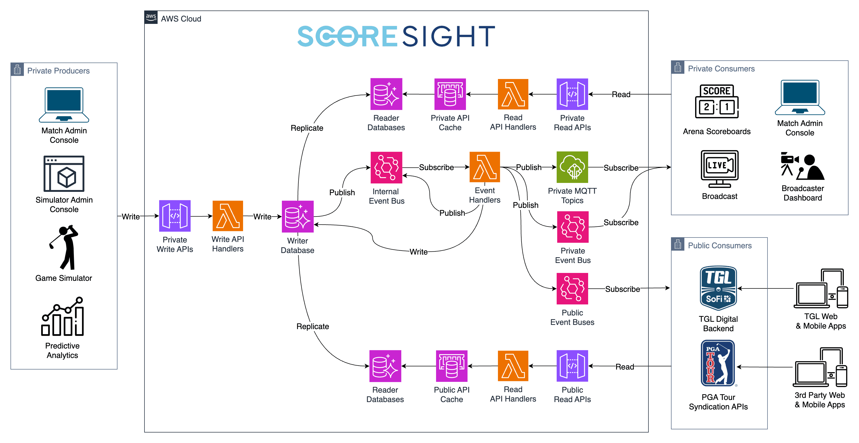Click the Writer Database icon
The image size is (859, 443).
297,216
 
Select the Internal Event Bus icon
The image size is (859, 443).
386,167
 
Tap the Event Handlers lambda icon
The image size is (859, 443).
485,167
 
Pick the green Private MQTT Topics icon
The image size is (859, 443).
572,167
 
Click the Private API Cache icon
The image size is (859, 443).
450,94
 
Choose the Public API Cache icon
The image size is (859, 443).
452,366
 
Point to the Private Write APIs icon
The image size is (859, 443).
175,216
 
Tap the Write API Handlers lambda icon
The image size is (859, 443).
228,216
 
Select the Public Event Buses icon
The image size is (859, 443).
572,288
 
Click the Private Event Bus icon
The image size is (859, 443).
573,227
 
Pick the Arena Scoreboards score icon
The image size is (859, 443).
717,101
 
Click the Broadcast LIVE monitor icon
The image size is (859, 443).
720,168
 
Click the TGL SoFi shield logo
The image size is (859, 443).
718,288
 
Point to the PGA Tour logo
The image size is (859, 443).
718,363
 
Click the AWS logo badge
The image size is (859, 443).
151,17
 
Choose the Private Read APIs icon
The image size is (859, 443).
572,94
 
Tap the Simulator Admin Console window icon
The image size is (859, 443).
64,173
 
